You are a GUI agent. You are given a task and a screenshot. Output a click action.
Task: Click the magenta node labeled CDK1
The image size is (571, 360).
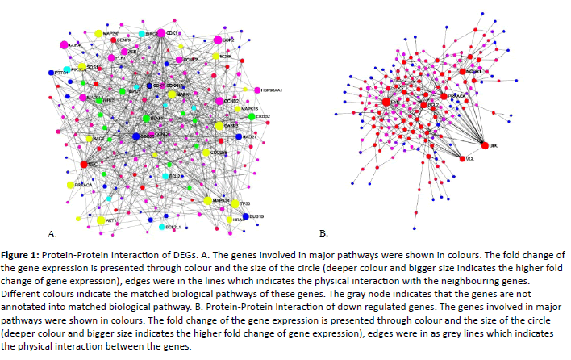click(161, 32)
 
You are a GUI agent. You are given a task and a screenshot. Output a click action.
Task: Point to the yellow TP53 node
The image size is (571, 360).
click(235, 204)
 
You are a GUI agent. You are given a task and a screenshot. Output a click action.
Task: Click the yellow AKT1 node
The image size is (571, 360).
click(101, 220)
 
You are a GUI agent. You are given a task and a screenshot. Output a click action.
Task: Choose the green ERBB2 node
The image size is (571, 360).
click(252, 117)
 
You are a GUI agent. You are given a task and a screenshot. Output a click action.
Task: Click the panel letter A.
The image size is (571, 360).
click(52, 234)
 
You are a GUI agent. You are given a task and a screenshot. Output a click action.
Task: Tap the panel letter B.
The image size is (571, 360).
click(323, 234)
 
